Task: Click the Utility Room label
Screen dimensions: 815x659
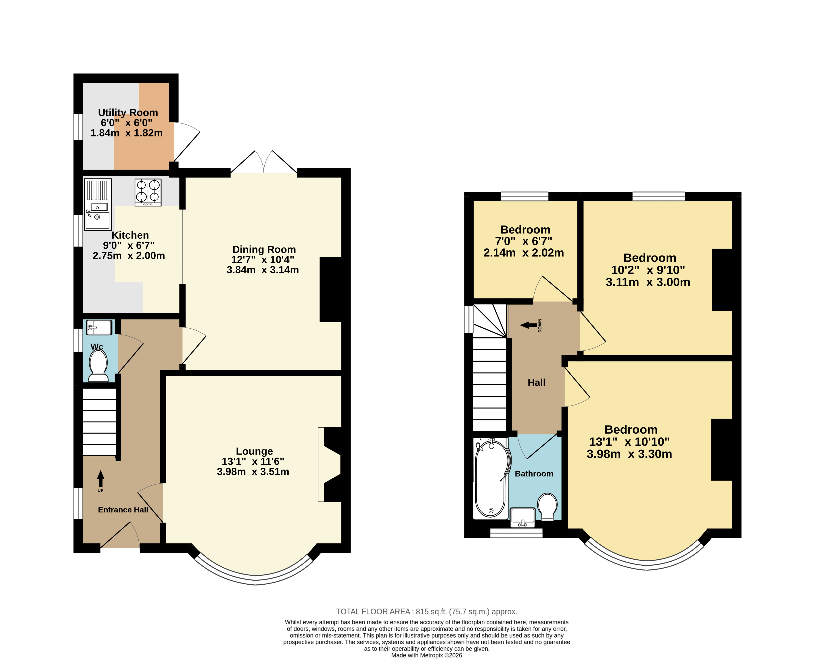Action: point(128,113)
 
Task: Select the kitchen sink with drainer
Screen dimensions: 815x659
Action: point(98,205)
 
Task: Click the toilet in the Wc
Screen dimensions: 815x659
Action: point(98,365)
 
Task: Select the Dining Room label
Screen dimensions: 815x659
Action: point(264,249)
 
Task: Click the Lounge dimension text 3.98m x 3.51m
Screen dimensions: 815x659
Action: point(253,472)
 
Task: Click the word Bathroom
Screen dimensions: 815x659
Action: point(534,474)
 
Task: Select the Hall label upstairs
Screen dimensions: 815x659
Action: point(537,383)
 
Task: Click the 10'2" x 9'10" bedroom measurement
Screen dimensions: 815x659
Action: point(648,270)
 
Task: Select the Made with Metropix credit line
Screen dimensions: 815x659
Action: point(426,655)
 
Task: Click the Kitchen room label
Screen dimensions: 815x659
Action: point(130,235)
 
